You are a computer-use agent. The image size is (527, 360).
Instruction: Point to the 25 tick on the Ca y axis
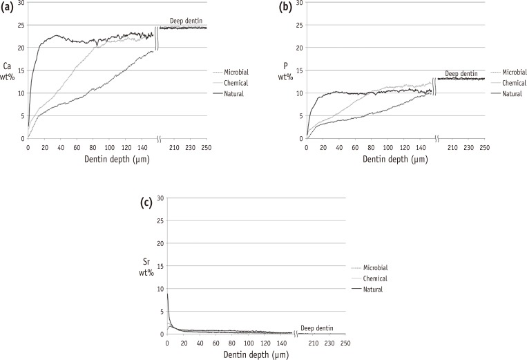click(x=20, y=25)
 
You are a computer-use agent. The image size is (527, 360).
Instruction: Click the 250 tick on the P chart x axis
click(x=485, y=148)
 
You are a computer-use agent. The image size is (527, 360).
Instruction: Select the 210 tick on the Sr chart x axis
click(x=312, y=343)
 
